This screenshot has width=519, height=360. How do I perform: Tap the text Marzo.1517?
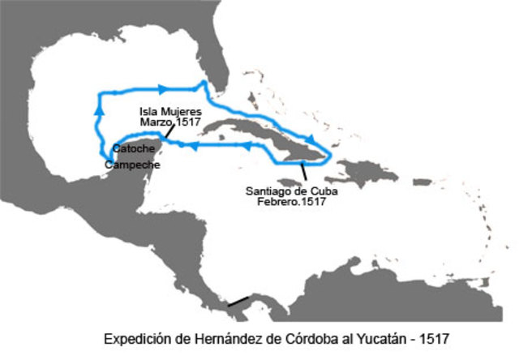[169, 121]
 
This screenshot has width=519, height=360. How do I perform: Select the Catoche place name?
[130, 149]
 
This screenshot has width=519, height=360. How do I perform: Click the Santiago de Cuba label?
[292, 191]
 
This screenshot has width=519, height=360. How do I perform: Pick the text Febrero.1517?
[292, 202]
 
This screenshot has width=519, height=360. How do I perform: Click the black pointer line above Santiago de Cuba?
[303, 171]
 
